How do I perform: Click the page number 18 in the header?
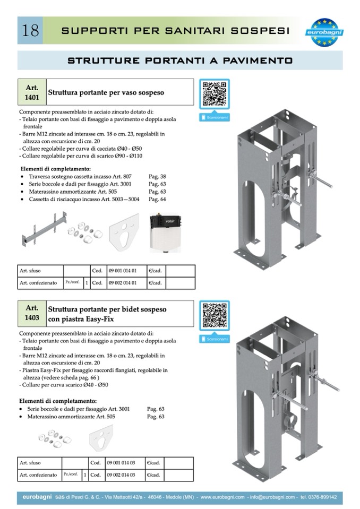point(31,30)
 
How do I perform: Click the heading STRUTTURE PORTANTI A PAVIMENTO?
point(180,61)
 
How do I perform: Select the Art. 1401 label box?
point(32,92)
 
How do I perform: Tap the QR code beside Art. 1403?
point(215,316)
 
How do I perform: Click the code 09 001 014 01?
point(122,270)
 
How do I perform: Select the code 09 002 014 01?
point(122,283)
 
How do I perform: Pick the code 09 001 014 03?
point(121,462)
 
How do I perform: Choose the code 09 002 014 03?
point(121,475)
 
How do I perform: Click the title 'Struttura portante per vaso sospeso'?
point(106,92)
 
